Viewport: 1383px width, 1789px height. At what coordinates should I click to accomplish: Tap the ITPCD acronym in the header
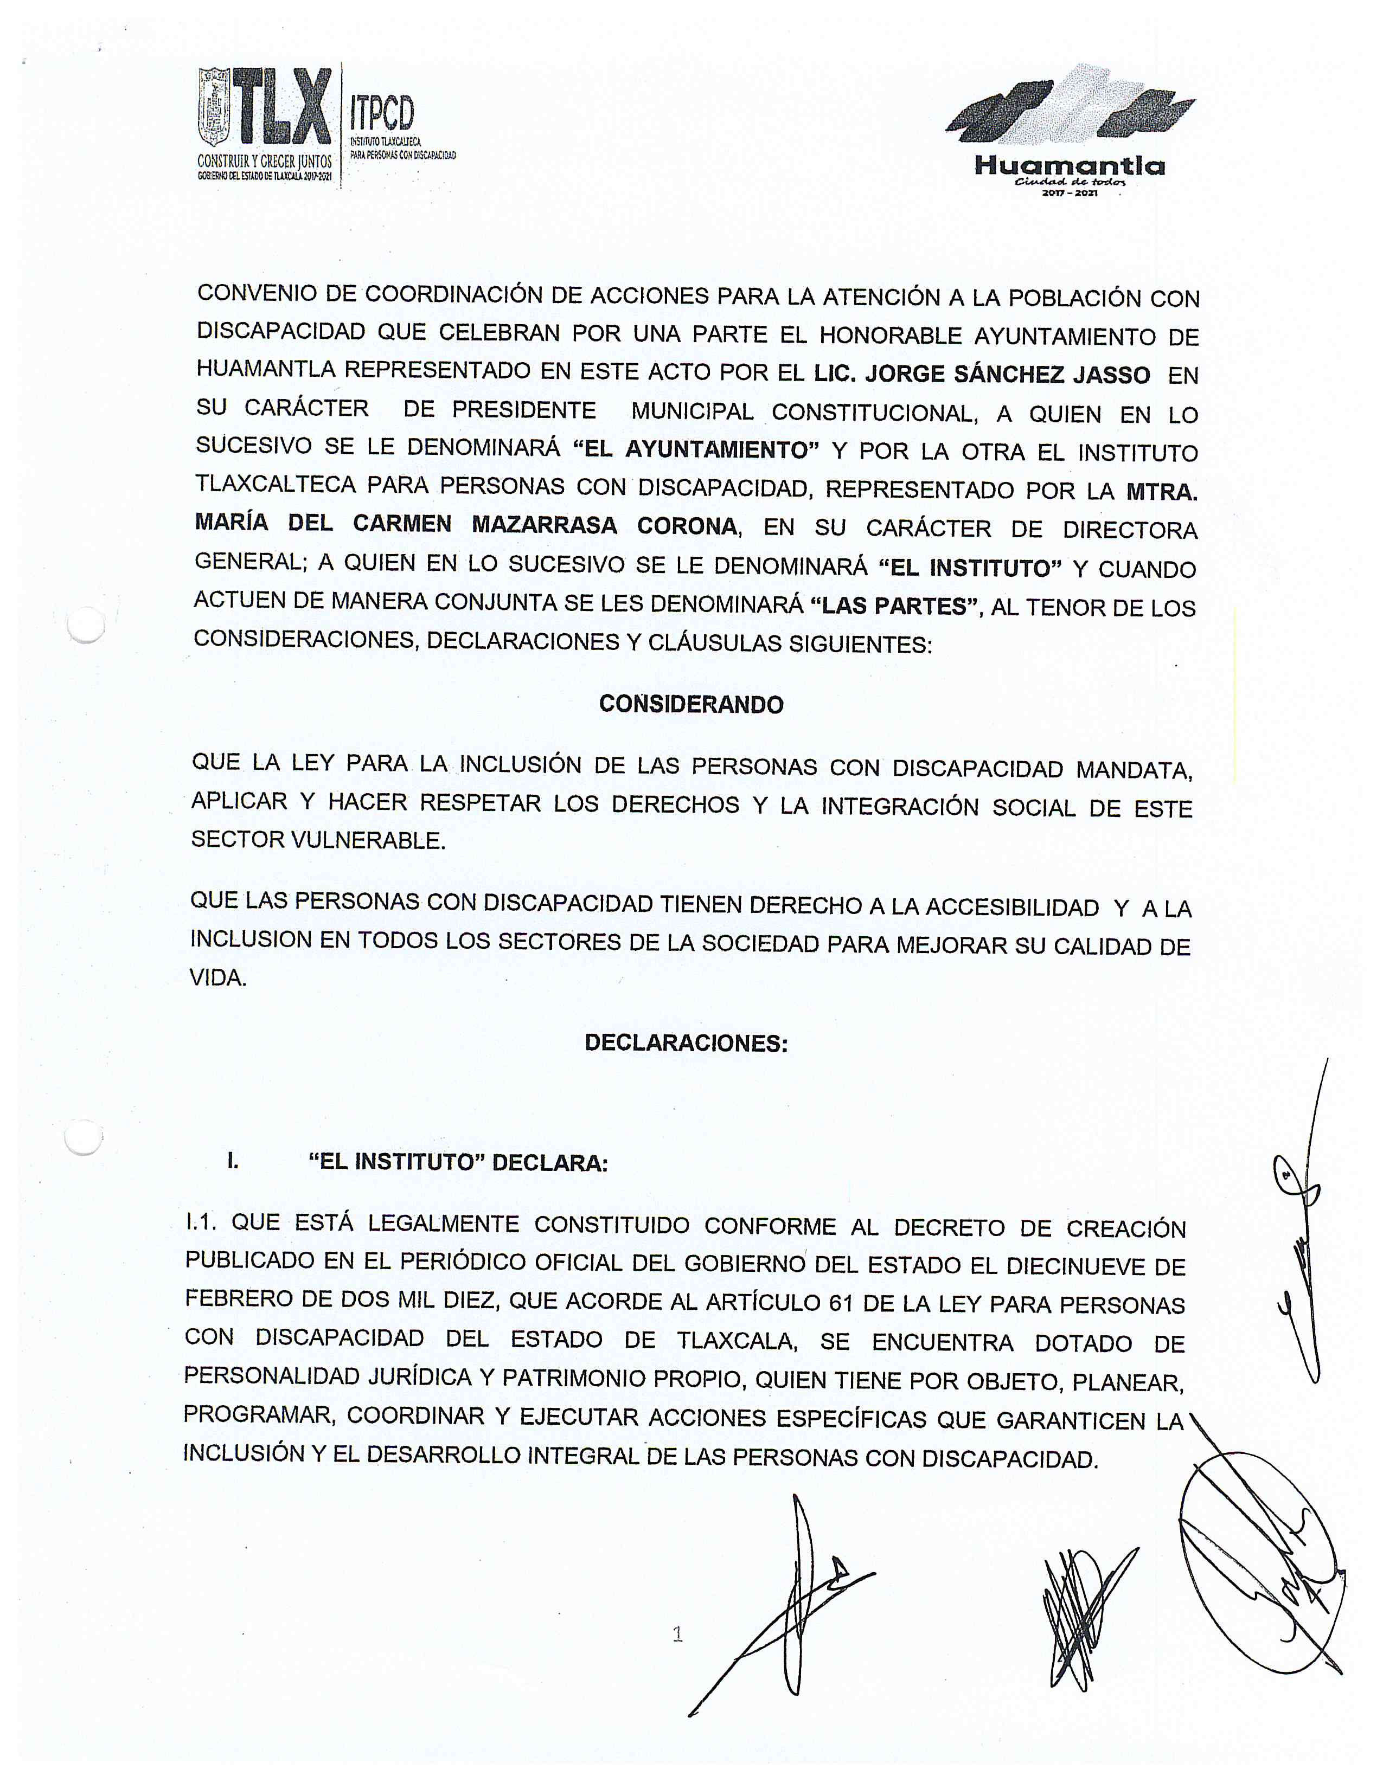382,113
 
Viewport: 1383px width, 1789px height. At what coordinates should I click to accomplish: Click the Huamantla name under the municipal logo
1069,166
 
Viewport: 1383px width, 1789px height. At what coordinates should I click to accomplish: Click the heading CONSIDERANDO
690,704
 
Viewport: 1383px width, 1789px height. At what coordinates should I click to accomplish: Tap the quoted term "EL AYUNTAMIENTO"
696,450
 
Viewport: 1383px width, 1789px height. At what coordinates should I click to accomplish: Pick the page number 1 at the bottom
677,1634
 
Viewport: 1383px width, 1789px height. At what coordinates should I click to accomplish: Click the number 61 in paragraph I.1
841,1303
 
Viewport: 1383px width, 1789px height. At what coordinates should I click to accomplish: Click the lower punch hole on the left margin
84,1137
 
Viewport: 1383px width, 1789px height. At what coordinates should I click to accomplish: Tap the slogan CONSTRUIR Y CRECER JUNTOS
265,162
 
